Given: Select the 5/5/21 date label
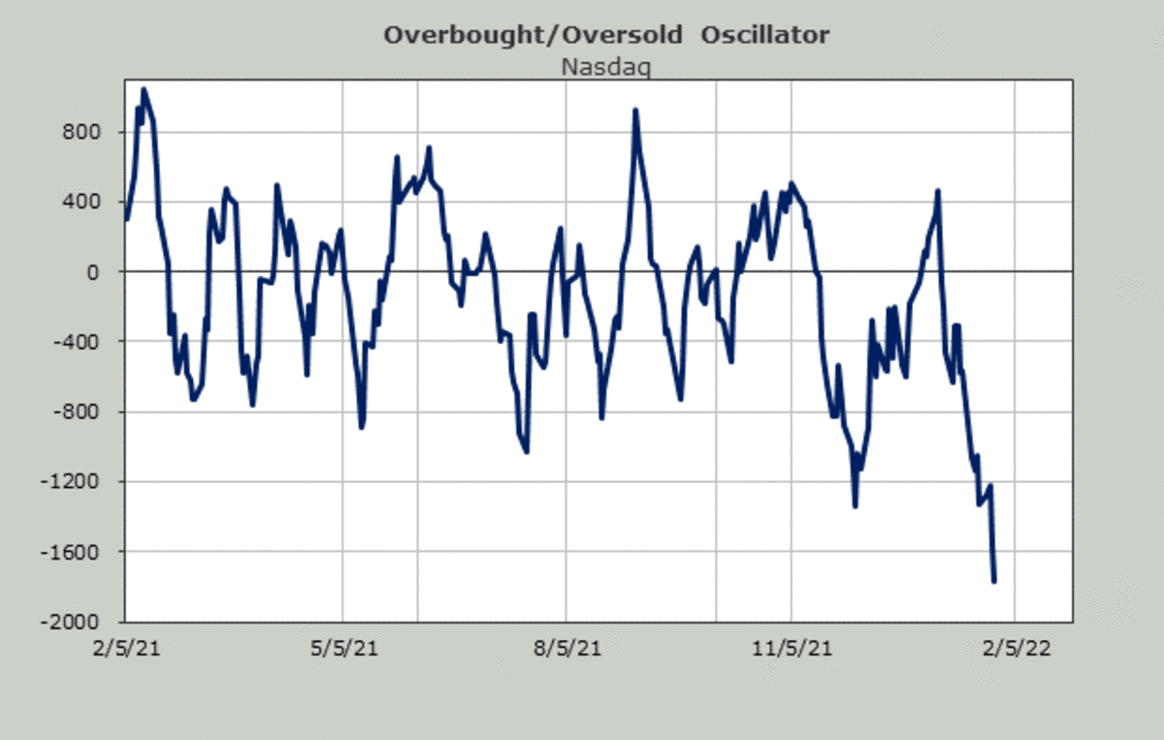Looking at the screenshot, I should (342, 647).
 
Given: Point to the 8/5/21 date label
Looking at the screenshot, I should (566, 647).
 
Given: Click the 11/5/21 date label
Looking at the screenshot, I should (792, 647).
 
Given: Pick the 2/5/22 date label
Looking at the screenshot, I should (1015, 647).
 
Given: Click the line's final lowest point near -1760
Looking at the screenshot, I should (994, 580).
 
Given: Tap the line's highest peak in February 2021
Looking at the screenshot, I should (144, 90).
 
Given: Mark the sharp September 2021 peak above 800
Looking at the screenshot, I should (635, 111).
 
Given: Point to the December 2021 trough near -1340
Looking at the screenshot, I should (855, 505).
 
